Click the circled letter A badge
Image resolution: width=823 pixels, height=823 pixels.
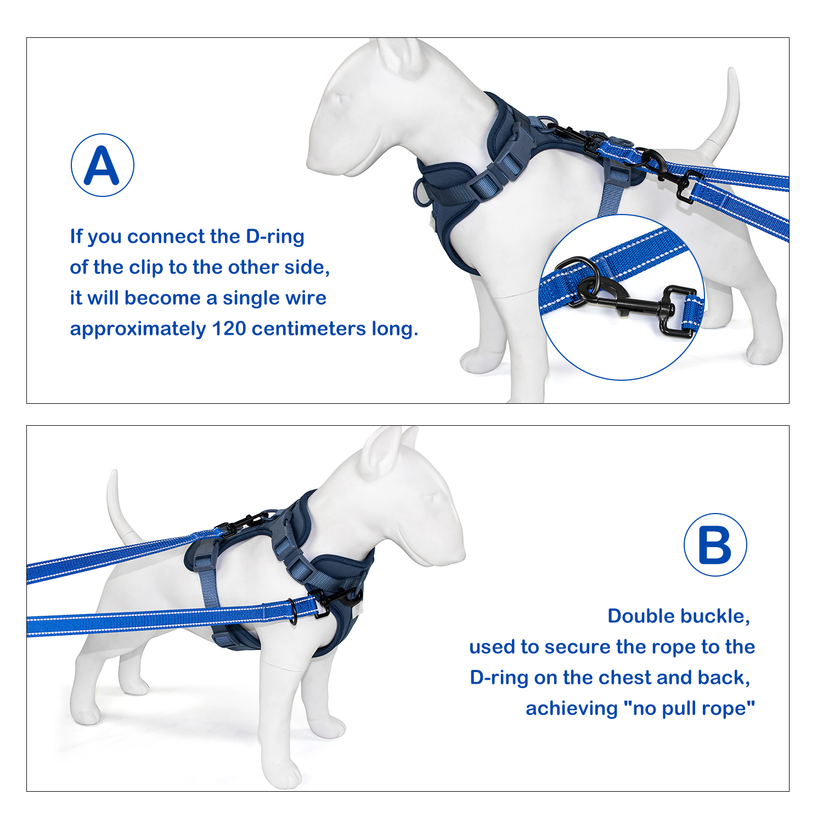[103, 165]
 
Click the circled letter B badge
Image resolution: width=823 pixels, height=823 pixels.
[715, 545]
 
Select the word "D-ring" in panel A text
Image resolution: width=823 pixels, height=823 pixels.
[275, 237]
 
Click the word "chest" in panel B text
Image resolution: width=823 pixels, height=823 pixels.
[625, 678]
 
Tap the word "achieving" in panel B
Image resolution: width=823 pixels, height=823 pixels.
[572, 709]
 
